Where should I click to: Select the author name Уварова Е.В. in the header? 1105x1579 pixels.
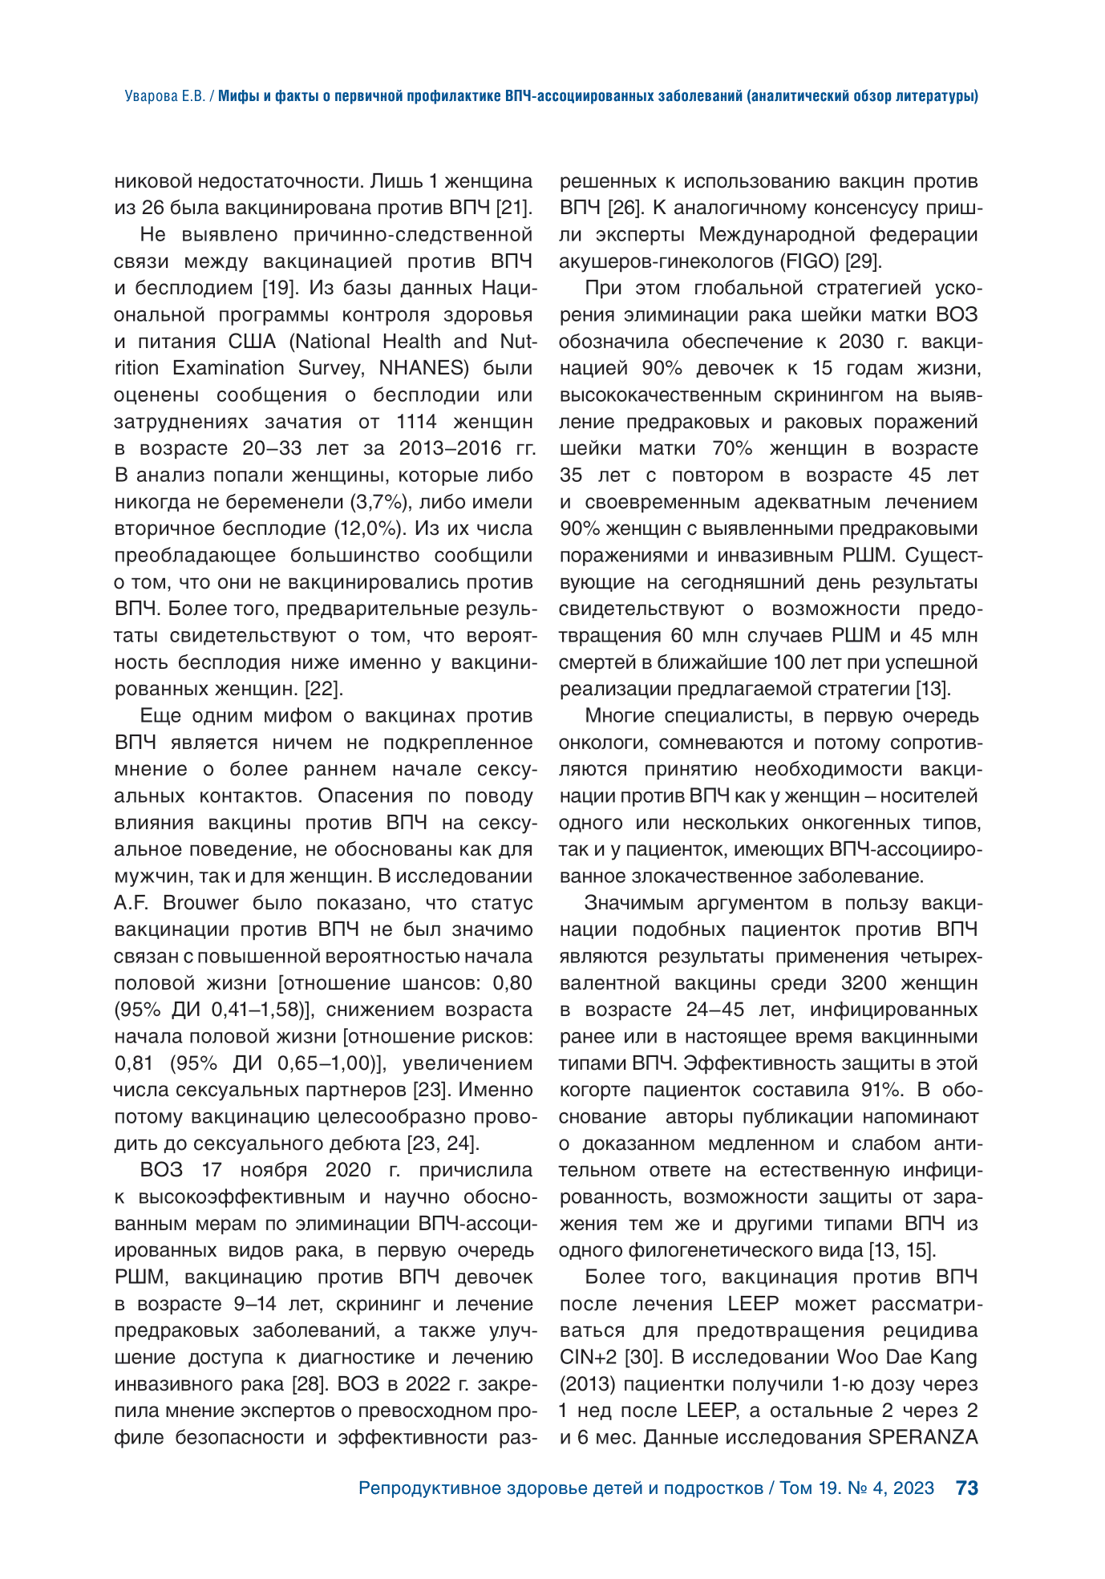pyautogui.click(x=164, y=96)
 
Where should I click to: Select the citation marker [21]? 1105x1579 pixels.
pyautogui.click(x=513, y=208)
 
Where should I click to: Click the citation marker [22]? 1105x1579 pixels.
pyautogui.click(x=324, y=689)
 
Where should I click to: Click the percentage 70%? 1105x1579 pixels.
pyautogui.click(x=728, y=448)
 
